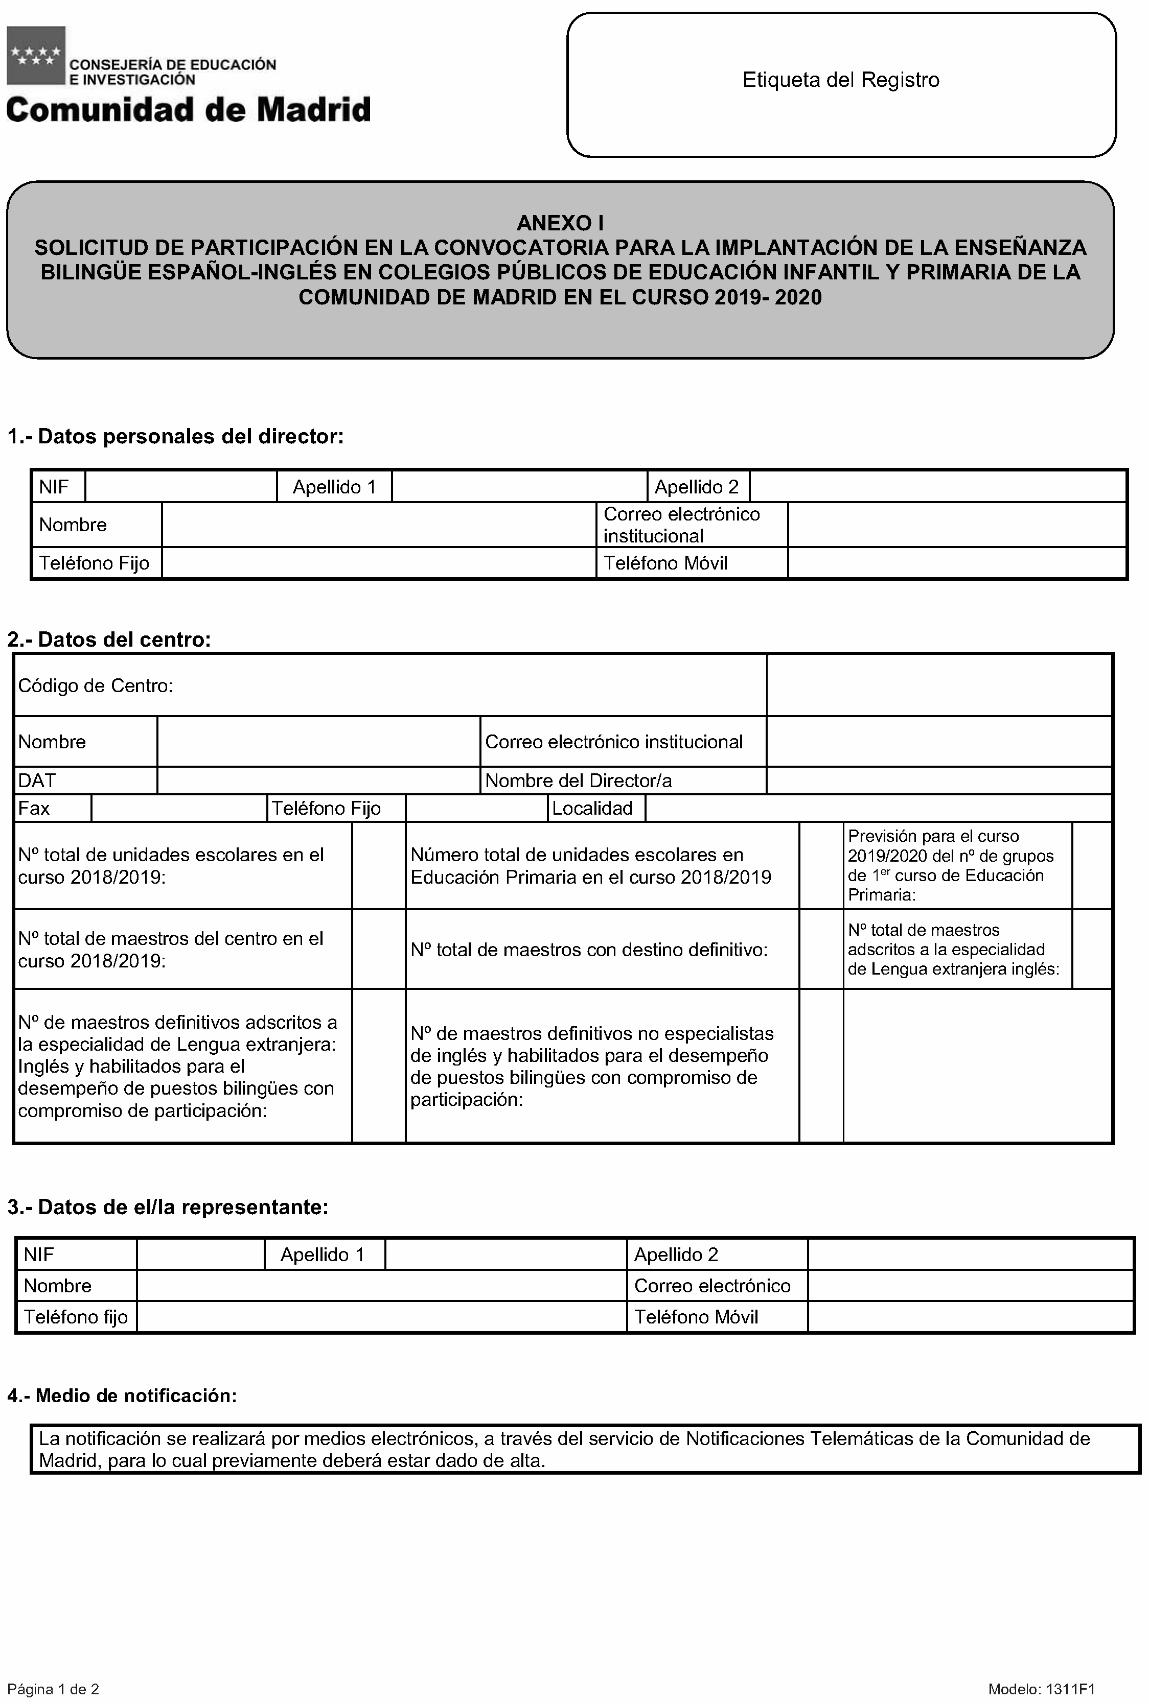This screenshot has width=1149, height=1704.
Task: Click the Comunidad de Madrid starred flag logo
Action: (x=36, y=55)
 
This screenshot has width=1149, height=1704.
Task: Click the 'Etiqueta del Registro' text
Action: (x=840, y=80)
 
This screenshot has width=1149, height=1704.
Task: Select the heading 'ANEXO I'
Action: (x=560, y=223)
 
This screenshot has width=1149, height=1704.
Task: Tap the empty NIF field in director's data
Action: (x=180, y=487)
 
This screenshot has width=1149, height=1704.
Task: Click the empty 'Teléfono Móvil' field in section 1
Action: (x=956, y=563)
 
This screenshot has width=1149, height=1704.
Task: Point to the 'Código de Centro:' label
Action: (x=95, y=685)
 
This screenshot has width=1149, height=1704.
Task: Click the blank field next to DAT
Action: (x=318, y=780)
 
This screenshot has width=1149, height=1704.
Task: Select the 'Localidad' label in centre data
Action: (x=592, y=809)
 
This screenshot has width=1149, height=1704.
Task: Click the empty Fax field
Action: (x=179, y=809)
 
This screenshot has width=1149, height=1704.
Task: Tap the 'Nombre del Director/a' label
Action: (x=578, y=780)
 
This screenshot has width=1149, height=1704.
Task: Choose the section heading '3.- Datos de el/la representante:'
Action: (x=168, y=1207)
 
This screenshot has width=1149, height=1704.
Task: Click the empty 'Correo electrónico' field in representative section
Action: (x=970, y=1285)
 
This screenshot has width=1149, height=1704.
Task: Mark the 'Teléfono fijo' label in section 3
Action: (x=76, y=1317)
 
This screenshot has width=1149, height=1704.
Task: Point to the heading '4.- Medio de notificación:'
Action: (x=122, y=1395)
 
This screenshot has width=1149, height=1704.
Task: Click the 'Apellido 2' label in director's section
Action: (x=696, y=487)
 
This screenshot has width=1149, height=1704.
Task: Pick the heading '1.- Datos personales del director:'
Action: (x=175, y=436)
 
